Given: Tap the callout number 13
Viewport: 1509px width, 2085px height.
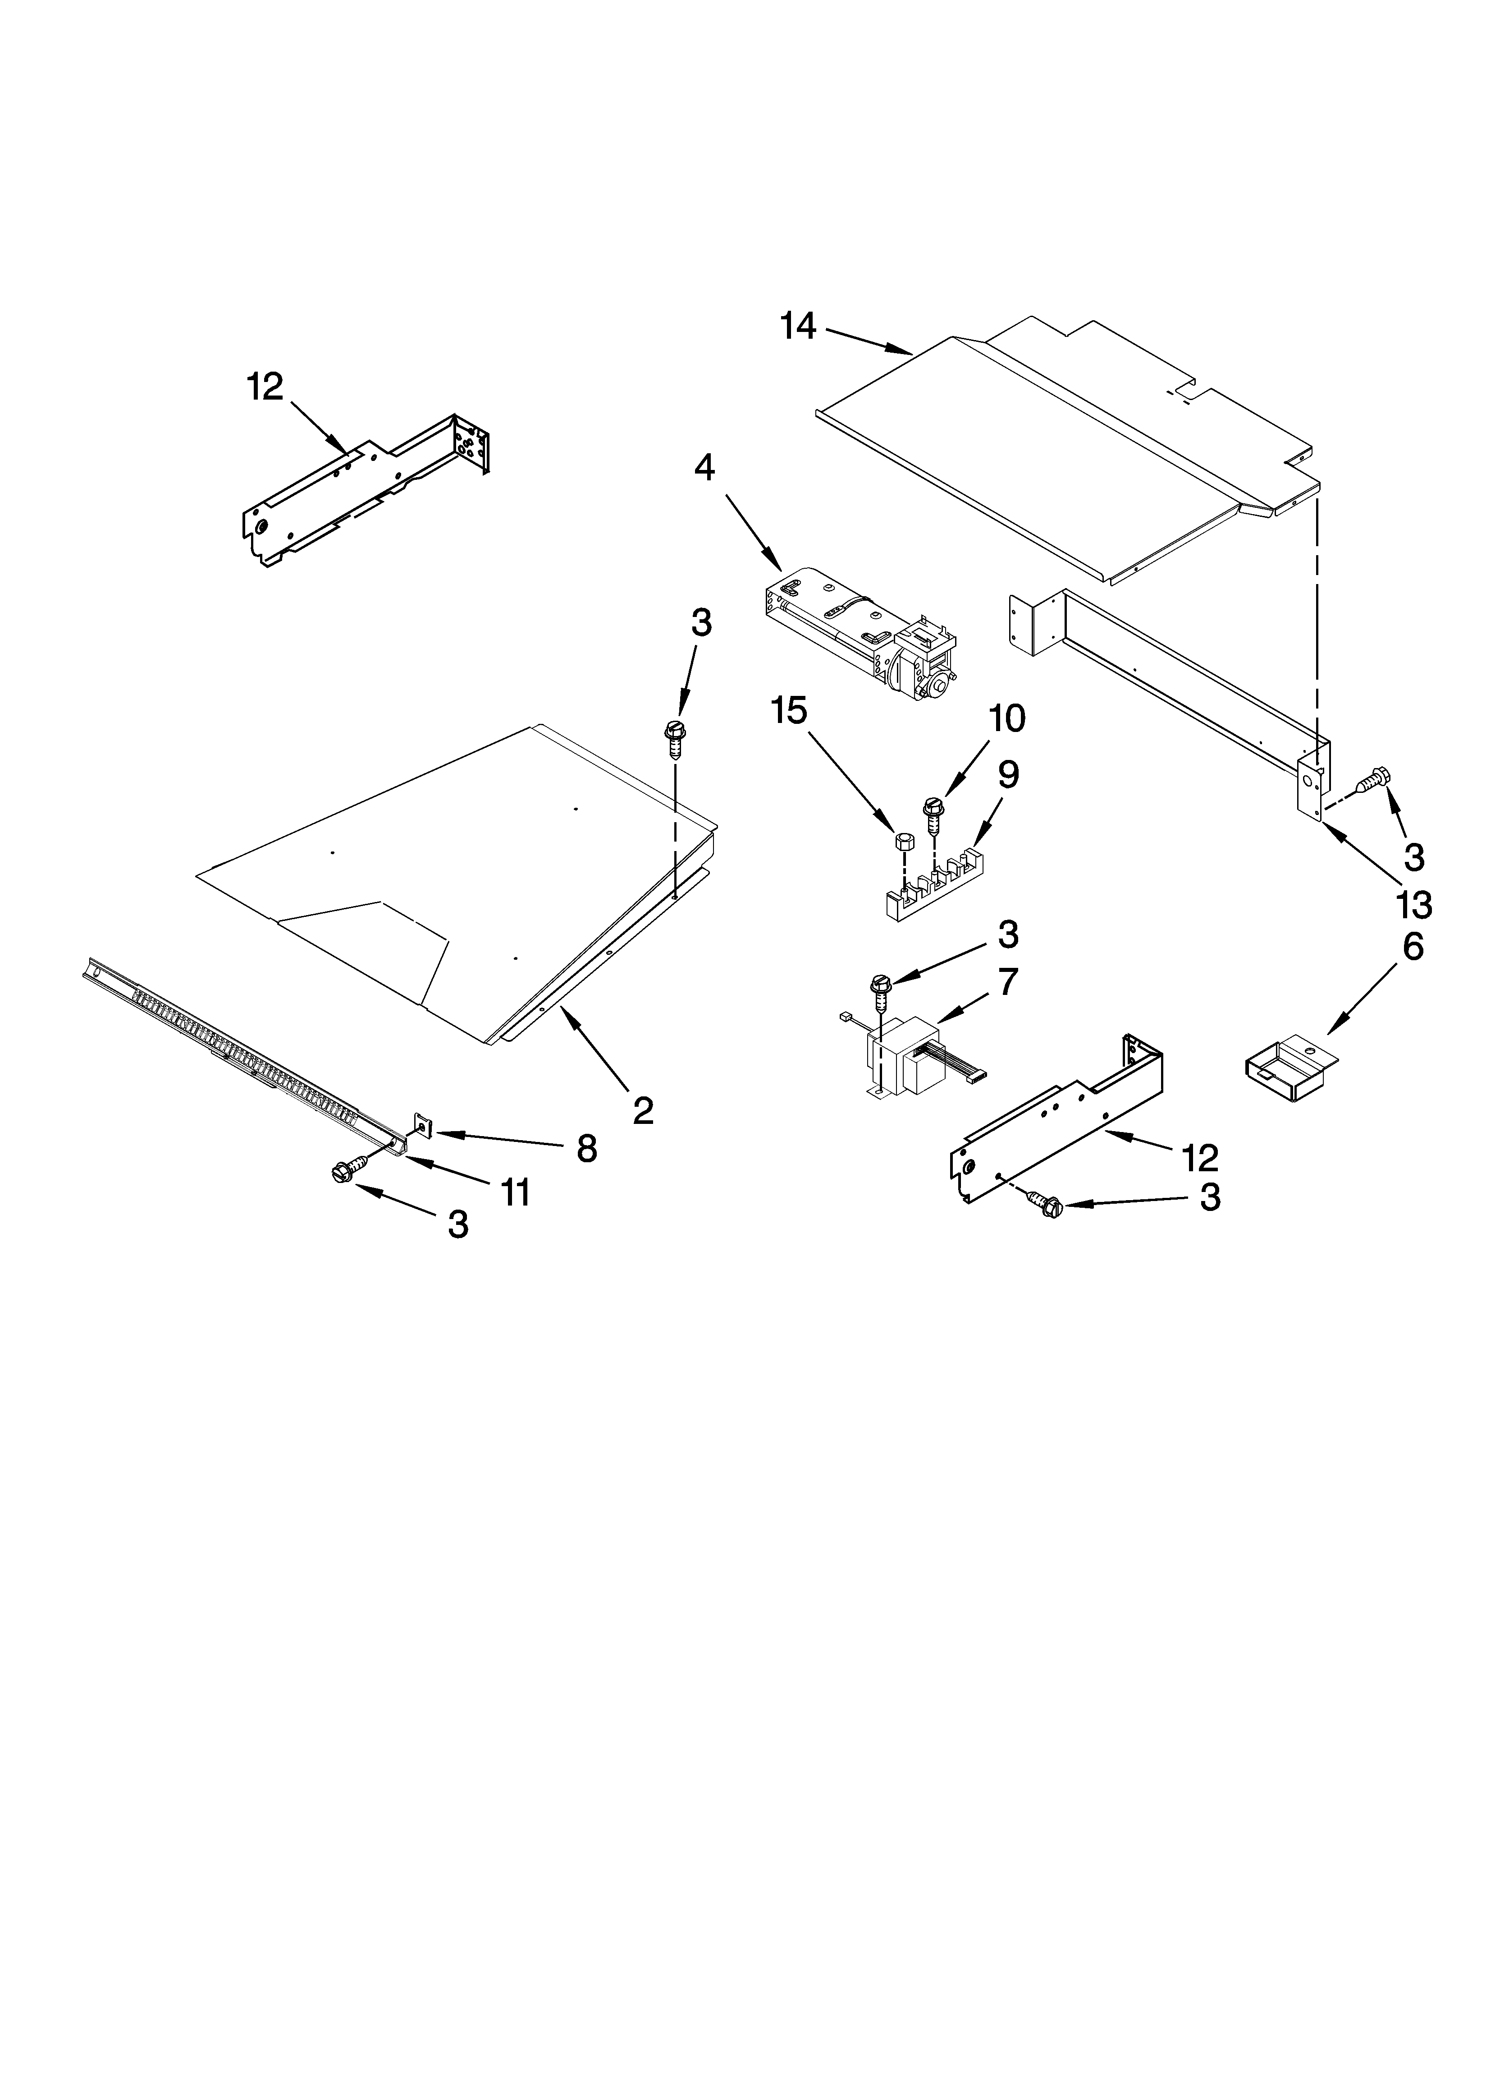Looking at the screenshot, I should point(1413,906).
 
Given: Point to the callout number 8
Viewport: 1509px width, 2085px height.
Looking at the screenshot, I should point(585,1148).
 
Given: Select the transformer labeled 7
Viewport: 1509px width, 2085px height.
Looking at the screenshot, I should point(910,1057).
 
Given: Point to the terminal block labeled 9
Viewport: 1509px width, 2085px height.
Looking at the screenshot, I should point(928,887).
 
